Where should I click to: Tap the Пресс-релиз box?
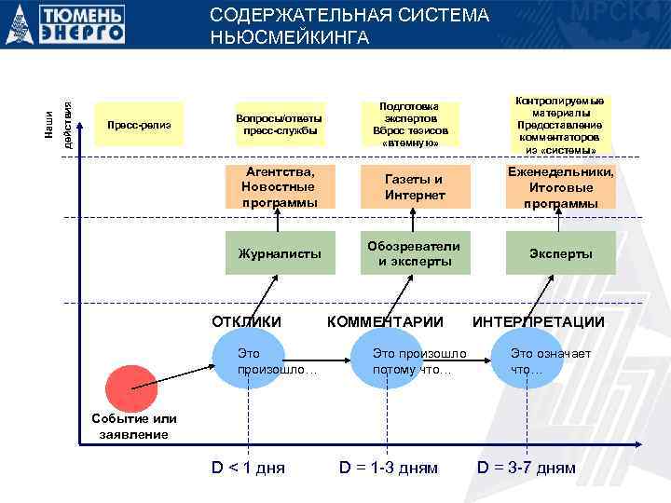click(140, 125)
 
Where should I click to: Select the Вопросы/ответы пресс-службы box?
click(280, 125)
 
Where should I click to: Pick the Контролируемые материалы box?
click(560, 123)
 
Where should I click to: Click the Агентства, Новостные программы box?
click(280, 187)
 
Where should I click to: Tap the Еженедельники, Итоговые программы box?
click(560, 187)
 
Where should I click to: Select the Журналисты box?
click(280, 252)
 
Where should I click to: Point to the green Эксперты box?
click(560, 253)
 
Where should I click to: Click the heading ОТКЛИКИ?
click(247, 322)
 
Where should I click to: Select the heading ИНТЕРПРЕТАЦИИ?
click(539, 322)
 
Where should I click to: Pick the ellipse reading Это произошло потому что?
click(411, 361)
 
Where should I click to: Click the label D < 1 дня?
click(247, 468)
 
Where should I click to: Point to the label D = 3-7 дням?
click(527, 468)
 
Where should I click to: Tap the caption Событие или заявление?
click(135, 427)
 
